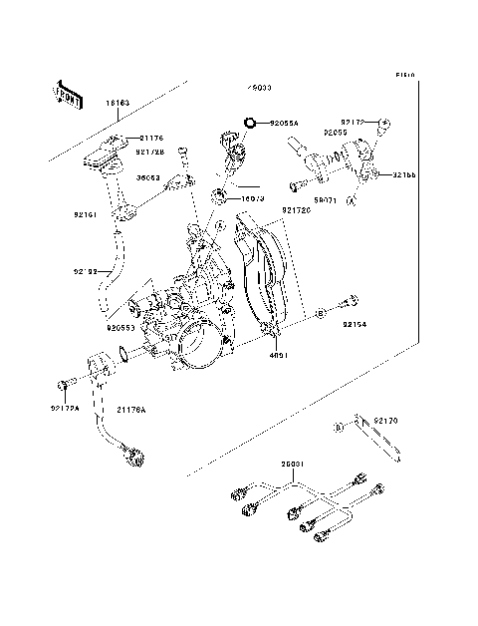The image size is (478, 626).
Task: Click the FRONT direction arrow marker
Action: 69,95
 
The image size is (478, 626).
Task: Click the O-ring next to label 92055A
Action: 250,124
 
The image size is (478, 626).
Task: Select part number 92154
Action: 357,324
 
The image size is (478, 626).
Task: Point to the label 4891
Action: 279,352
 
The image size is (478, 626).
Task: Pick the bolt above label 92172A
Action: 64,384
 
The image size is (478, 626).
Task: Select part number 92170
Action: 386,422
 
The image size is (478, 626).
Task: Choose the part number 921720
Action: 296,210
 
